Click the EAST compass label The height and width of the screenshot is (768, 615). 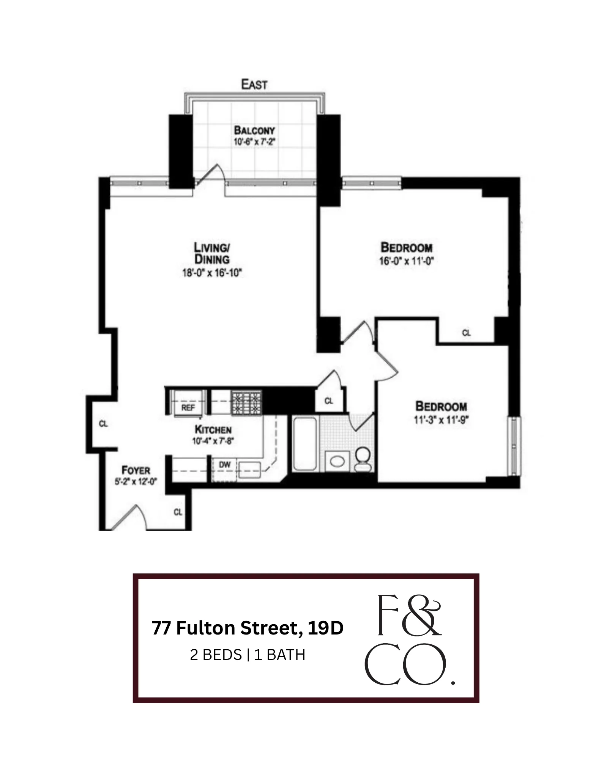click(x=254, y=84)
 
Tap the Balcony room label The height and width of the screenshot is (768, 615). click(x=254, y=130)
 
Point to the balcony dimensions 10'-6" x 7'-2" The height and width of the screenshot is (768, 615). click(x=254, y=142)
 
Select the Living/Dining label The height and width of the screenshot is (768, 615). click(x=212, y=253)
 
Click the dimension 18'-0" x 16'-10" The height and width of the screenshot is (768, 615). click(x=212, y=273)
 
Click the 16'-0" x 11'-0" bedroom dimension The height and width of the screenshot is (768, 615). click(x=406, y=261)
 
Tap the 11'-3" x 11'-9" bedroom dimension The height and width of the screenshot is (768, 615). click(x=441, y=420)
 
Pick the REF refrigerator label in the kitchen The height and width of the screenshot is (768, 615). click(x=188, y=408)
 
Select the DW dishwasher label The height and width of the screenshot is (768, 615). click(x=225, y=465)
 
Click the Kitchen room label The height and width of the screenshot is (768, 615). click(x=213, y=430)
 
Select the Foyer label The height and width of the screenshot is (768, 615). click(x=136, y=470)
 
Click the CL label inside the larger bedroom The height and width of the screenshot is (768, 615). click(x=466, y=333)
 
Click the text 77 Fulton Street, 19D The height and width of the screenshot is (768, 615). click(x=248, y=628)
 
